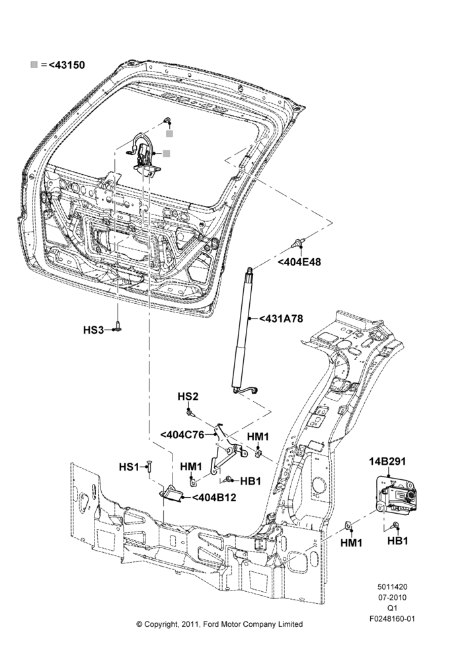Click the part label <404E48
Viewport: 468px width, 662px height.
point(299,261)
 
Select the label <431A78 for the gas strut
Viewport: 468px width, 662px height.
point(281,318)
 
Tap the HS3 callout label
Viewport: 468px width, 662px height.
point(93,330)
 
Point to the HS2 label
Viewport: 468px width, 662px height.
point(188,397)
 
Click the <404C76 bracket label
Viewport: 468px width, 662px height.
point(182,434)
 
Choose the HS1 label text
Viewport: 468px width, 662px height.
point(129,467)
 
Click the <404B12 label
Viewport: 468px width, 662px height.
point(214,497)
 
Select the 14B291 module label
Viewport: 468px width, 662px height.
point(387,461)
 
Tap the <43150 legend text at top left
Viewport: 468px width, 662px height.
point(67,65)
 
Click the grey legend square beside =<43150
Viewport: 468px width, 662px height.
point(34,65)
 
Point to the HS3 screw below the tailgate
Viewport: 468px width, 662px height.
point(118,327)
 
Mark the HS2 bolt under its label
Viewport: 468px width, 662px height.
point(190,411)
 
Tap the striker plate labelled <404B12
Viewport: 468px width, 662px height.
point(172,493)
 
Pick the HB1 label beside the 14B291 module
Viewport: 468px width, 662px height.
point(397,540)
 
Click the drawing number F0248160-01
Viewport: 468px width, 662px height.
point(392,619)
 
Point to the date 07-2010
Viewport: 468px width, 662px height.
point(392,597)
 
